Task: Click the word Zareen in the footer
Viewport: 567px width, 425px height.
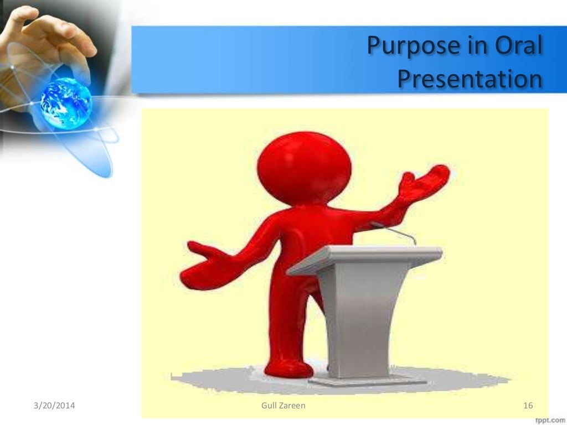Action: point(293,407)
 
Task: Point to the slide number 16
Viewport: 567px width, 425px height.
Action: point(528,407)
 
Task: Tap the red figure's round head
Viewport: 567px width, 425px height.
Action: point(305,166)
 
